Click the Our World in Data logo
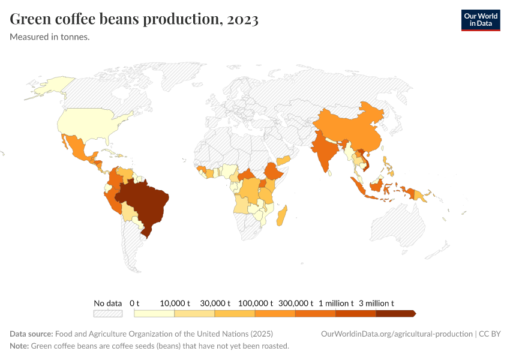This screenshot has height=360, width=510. tap(480, 20)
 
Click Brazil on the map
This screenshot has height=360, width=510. tap(146, 204)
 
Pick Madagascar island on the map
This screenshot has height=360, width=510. tap(282, 215)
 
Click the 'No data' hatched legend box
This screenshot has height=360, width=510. tap(107, 313)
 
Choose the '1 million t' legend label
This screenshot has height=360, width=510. tap(336, 303)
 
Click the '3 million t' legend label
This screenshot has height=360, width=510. tap(376, 303)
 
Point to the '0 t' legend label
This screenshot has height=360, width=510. tap(134, 303)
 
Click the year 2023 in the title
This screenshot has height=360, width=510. tap(242, 19)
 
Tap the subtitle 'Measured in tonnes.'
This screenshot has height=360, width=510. tap(50, 37)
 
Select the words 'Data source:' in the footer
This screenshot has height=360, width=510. tap(31, 334)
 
